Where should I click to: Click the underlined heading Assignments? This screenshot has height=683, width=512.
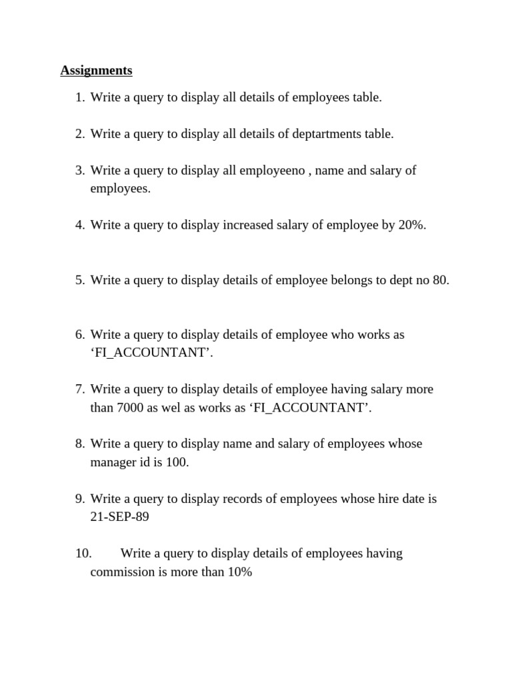point(96,70)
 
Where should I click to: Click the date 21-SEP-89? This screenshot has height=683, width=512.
point(119,517)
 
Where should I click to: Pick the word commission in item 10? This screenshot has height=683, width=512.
point(122,572)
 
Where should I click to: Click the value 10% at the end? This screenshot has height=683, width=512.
point(239,572)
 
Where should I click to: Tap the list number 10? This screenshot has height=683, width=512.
point(83,553)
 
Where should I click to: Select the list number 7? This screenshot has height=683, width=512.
point(80,389)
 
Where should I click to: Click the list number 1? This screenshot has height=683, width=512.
point(80,97)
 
